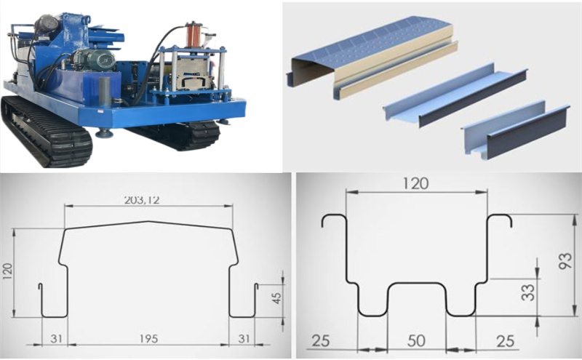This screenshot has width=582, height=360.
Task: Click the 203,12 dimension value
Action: (142, 200)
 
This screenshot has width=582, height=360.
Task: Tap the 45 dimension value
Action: (277, 298)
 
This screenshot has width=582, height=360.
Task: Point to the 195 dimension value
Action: (148, 339)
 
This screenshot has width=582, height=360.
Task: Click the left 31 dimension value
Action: (56, 339)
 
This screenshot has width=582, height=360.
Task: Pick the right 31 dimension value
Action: (244, 339)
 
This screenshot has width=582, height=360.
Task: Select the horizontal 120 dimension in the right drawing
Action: (415, 183)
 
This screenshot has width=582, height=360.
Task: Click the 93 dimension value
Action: (565, 261)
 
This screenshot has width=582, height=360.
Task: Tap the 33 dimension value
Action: (528, 292)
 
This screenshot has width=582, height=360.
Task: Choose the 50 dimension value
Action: (415, 340)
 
